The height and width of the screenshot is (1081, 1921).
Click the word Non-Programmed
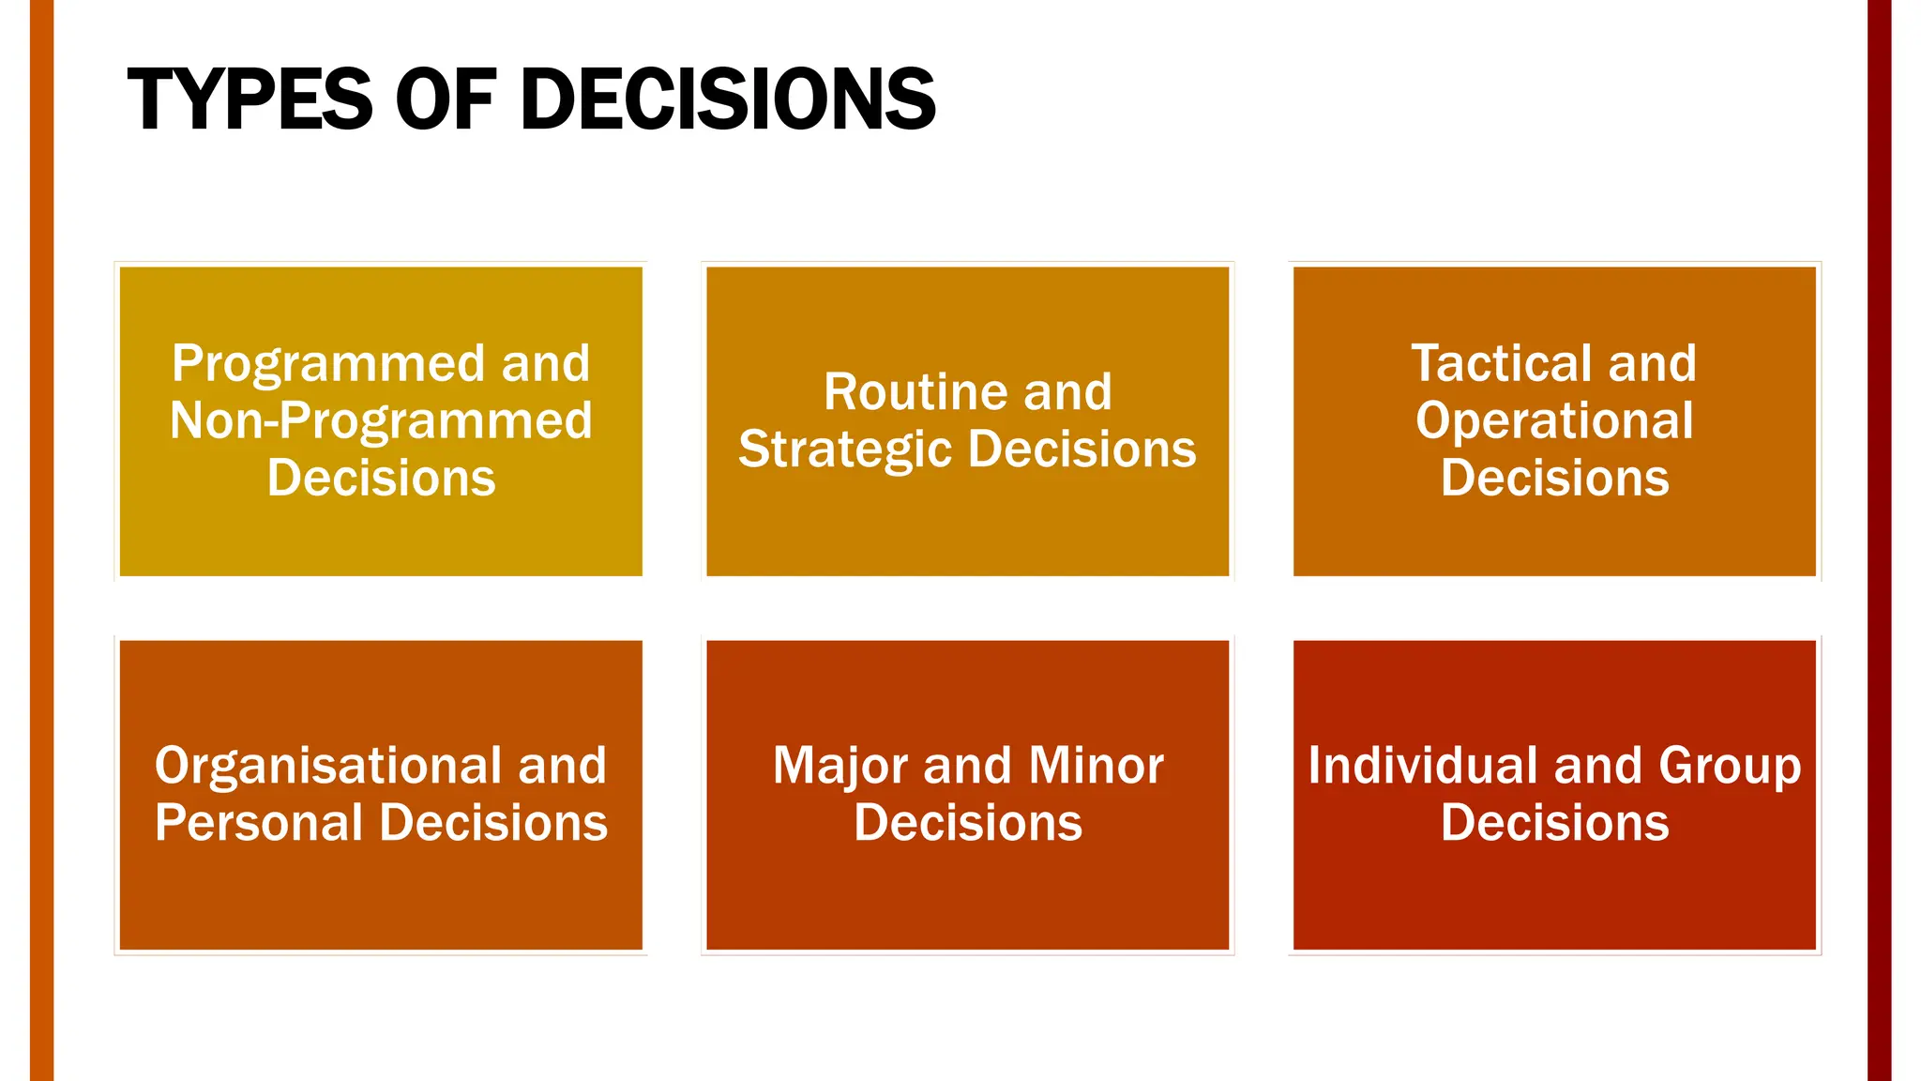381,420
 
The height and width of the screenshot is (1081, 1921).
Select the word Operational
1554,420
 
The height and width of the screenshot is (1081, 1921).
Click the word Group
1730,766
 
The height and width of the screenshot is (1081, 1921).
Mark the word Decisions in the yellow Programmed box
381,478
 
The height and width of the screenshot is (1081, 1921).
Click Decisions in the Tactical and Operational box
1554,478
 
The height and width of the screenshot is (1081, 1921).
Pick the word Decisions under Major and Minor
968,823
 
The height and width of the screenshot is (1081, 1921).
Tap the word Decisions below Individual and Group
1554,823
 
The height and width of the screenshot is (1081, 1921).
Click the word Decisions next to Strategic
1082,449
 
